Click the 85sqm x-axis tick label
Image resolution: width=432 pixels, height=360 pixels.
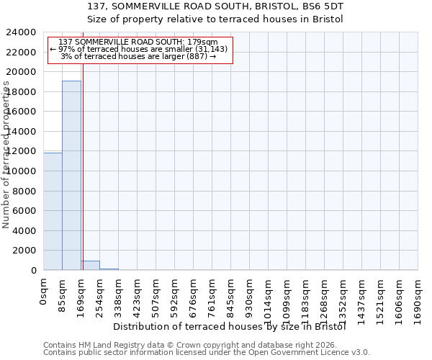(63, 293)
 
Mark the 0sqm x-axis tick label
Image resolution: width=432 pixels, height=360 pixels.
(44, 291)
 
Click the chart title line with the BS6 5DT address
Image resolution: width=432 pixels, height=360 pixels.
(215, 6)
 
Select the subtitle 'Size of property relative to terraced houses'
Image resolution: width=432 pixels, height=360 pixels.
(215, 19)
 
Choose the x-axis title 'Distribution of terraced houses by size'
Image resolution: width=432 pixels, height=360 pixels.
(230, 327)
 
